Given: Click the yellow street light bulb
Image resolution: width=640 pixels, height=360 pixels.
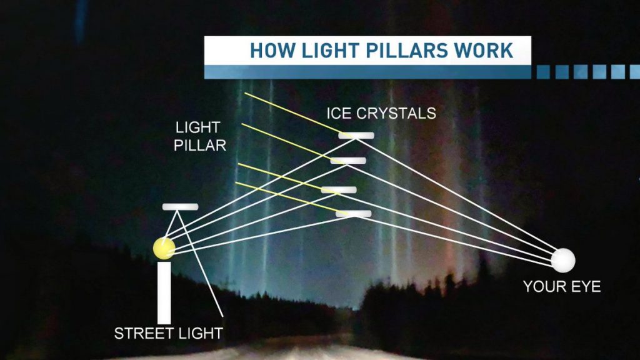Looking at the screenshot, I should [164, 248].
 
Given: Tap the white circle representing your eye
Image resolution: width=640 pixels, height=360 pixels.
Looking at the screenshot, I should [562, 260].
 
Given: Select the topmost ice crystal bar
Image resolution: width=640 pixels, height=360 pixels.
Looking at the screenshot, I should [356, 135].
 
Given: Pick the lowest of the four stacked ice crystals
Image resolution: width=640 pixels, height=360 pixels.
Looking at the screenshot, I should [353, 214].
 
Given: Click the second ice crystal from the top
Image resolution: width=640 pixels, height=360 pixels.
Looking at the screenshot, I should [348, 161].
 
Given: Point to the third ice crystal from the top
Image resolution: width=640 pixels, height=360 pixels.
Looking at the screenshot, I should [339, 189].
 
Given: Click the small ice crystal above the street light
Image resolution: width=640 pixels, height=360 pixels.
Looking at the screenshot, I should [180, 206].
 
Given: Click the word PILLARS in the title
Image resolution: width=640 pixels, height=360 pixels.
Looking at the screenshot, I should [404, 51].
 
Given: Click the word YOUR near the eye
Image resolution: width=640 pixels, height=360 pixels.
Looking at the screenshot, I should [544, 287].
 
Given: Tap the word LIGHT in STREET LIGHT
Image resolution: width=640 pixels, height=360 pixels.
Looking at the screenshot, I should [197, 333].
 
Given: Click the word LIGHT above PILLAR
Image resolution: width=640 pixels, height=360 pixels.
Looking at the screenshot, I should [197, 128].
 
